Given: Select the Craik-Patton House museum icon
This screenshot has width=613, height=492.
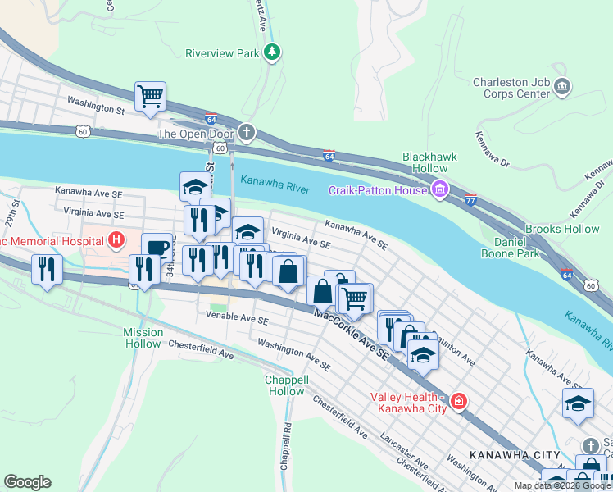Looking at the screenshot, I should pos(440,190).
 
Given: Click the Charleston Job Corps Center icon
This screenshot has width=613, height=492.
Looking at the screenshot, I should pos(562,87).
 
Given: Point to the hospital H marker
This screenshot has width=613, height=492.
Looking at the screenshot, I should pos(116,240).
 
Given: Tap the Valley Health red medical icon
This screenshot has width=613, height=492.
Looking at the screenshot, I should pos(458,402).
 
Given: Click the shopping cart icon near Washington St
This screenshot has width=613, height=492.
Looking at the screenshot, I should pos(151,96).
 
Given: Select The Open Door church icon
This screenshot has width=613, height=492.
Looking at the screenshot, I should pos(247,134).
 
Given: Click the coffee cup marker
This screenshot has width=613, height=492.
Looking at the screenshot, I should pos(157,248).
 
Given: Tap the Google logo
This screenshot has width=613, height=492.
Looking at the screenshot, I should pos(27,482).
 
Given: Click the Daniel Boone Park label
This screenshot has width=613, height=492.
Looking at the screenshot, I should pos(517,248).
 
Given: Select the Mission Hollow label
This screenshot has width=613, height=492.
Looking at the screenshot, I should pos(143,338).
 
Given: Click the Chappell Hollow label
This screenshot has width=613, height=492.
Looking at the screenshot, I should pos(286,385).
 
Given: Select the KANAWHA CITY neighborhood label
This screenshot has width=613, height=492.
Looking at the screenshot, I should pos(515,454).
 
